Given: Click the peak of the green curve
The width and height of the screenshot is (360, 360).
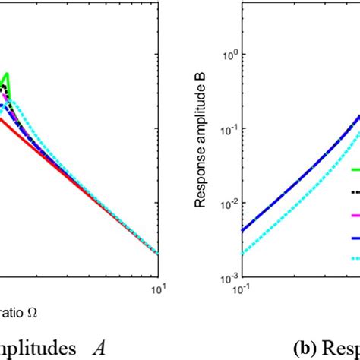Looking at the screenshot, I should click(x=10, y=74).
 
